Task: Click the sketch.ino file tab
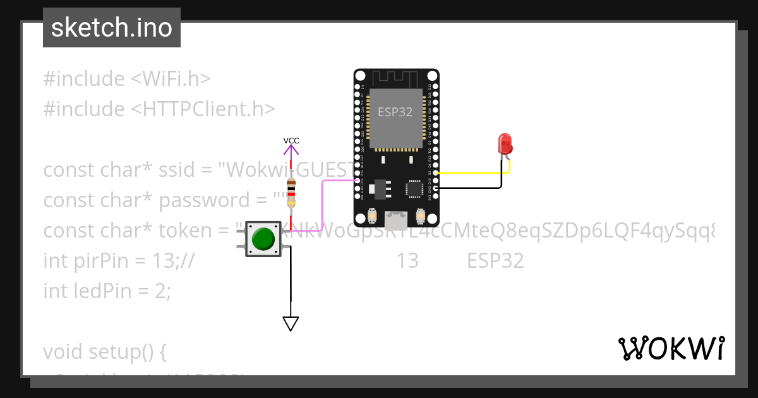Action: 111,28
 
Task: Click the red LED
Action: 505,144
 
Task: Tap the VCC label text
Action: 291,140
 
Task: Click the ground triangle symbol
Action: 291,323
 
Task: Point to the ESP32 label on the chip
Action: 395,112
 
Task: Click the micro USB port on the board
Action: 396,220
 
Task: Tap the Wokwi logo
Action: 671,349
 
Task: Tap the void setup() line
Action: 104,351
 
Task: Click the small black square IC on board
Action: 414,188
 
